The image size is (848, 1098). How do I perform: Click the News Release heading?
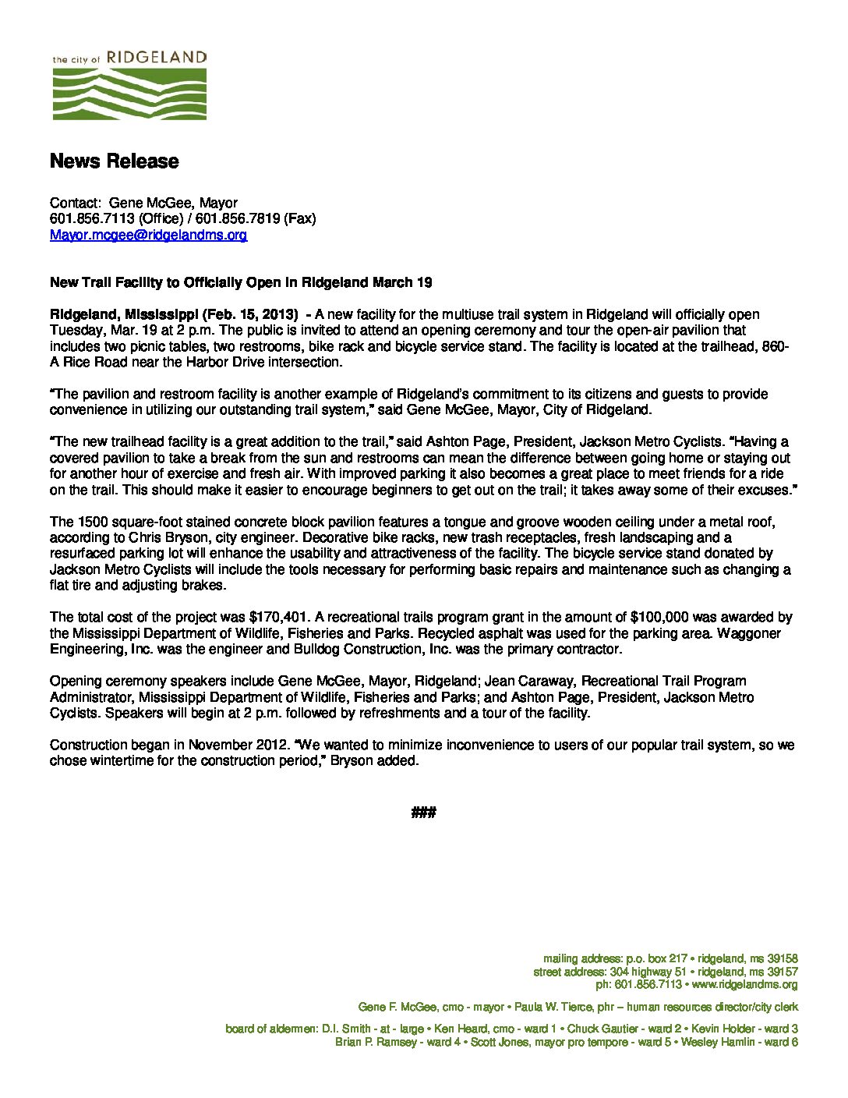115,161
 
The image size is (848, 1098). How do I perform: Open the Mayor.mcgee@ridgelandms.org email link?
149,234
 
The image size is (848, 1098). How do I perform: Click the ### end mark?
422,813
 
